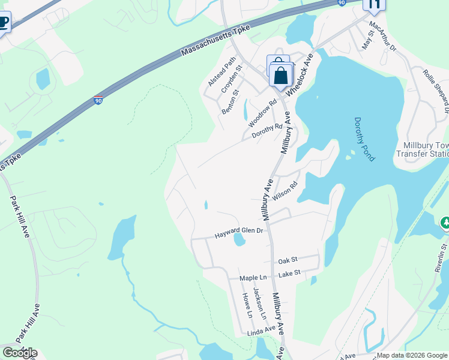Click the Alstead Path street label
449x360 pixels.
pos(222,72)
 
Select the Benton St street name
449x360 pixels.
pos(230,101)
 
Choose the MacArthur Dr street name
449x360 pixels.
pos(384,36)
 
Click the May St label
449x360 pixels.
pos(368,40)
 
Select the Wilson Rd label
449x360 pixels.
pos(285,191)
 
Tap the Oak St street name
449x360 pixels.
pos(288,260)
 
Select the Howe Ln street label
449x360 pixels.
pos(247,305)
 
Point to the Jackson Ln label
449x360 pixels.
pos(259,303)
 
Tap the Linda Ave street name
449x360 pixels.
pos(261,331)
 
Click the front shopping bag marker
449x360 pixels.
pos(281,76)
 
